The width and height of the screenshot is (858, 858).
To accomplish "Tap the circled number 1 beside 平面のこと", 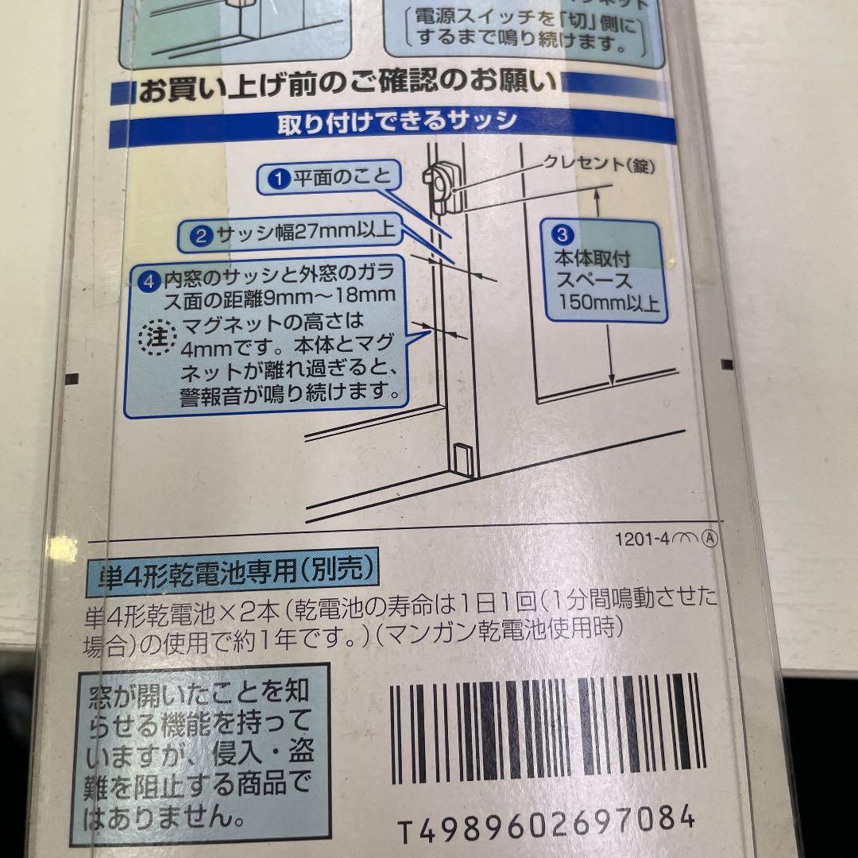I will coord(278,179).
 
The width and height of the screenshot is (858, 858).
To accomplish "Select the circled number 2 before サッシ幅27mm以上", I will coord(201,234).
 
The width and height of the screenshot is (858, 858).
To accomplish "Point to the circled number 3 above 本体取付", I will coord(562,234).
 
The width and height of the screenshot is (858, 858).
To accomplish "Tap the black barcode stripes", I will coord(545,727).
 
